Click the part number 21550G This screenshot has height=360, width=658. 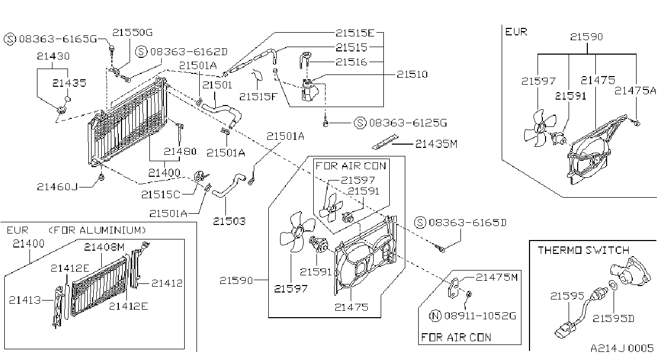click(132, 32)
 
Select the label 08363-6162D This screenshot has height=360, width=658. click(189, 52)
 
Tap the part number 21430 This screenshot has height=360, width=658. click(53, 56)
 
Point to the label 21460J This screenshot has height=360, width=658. click(57, 187)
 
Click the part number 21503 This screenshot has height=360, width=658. click(229, 221)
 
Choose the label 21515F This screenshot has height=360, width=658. click(258, 96)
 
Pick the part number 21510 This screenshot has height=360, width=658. click(412, 74)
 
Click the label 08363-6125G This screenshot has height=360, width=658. click(408, 123)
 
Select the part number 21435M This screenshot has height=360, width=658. click(436, 144)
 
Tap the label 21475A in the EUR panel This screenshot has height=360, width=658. click(635, 91)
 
